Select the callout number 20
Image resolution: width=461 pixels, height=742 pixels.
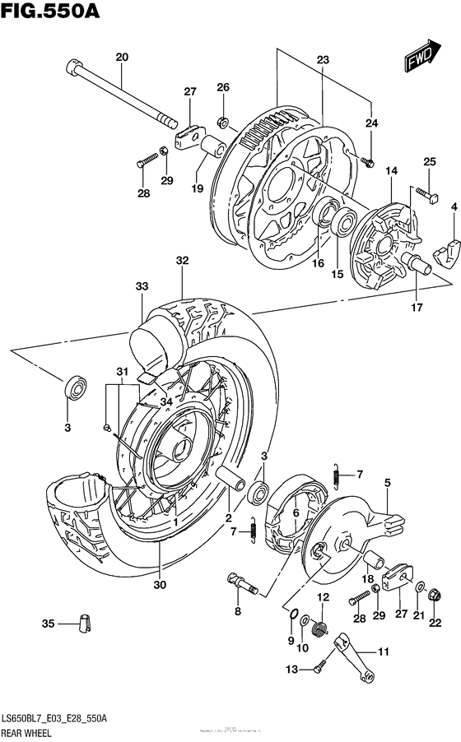[122, 58]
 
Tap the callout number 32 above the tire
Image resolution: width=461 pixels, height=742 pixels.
[182, 261]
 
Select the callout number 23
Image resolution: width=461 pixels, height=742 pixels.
[322, 59]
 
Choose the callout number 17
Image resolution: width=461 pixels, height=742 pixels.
[417, 308]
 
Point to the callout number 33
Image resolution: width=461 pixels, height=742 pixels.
[142, 286]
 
